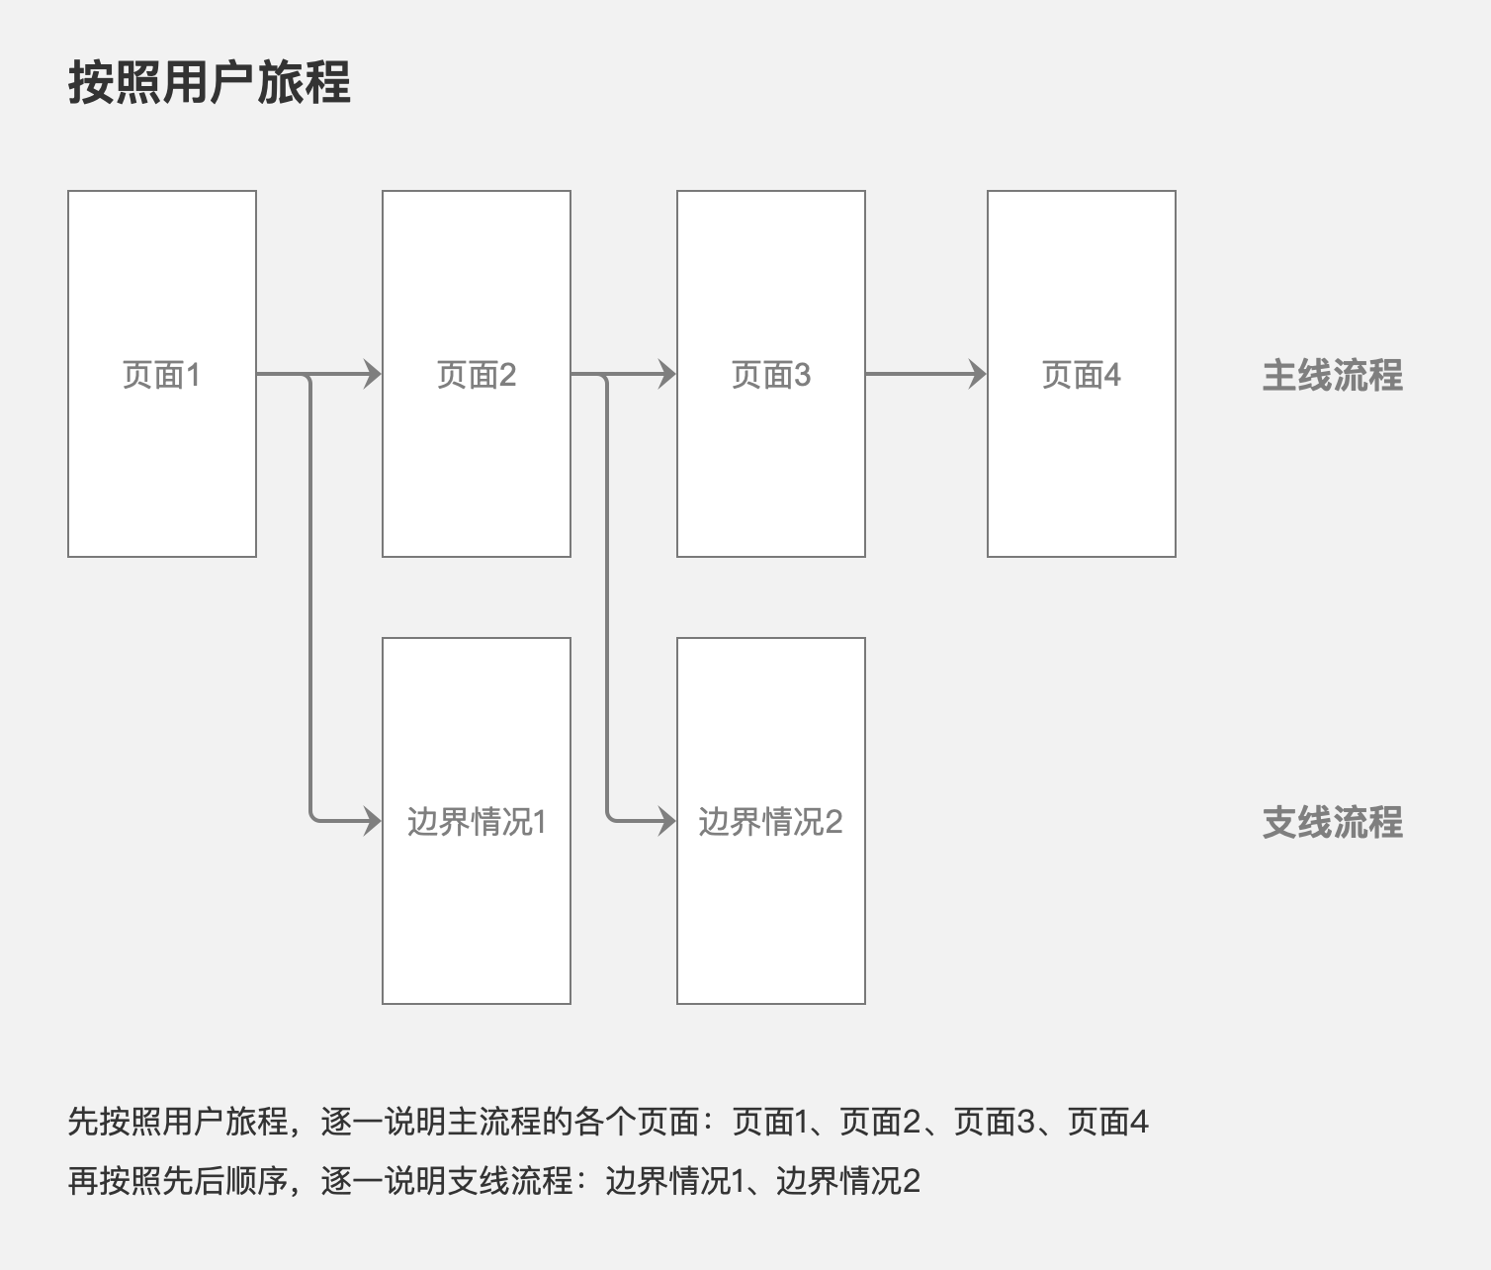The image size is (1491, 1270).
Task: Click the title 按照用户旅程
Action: tap(210, 82)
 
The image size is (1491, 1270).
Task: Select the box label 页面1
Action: tap(161, 375)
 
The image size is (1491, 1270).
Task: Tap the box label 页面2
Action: tap(477, 375)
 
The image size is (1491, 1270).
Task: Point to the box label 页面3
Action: tap(771, 375)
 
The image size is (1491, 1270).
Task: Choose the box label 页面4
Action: tap(1082, 375)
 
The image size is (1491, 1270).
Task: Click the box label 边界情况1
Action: tap(477, 822)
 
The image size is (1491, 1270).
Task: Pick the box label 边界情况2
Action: tap(770, 822)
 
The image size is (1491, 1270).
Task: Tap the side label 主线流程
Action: tap(1332, 375)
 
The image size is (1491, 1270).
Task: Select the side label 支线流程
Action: tap(1332, 822)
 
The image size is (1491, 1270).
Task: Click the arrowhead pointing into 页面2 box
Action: tap(373, 374)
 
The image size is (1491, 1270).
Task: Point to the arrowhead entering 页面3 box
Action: tap(667, 374)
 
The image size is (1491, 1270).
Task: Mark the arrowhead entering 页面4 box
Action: tap(978, 374)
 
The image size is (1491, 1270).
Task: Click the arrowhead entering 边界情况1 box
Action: tap(373, 820)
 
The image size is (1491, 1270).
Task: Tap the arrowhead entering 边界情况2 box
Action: tap(667, 820)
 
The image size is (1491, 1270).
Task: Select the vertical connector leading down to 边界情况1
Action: tap(310, 597)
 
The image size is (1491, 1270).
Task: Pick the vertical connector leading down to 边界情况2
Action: tap(607, 597)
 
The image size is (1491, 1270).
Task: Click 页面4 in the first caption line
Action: tap(1108, 1122)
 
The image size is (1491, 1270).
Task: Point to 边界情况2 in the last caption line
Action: tap(848, 1181)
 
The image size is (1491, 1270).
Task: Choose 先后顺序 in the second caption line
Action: tap(225, 1181)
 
